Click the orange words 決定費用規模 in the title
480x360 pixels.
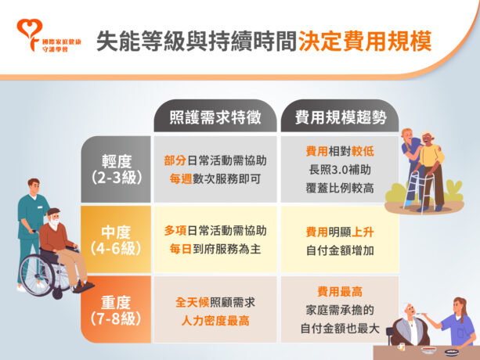364,41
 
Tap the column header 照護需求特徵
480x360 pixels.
214,118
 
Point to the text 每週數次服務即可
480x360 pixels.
215,178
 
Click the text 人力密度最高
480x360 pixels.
215,321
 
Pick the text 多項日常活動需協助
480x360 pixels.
215,231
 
